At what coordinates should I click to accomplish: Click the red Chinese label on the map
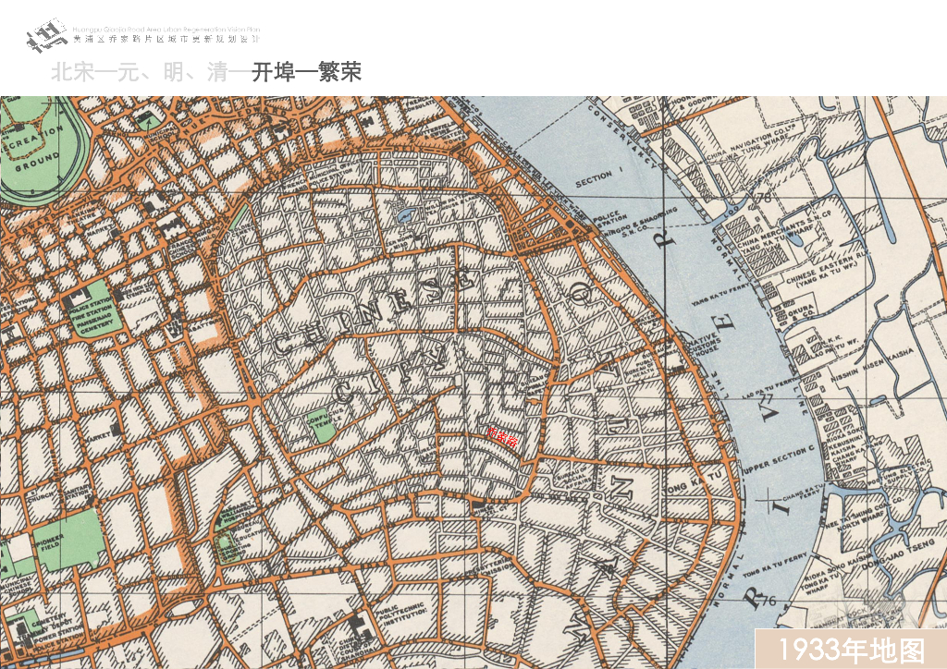502,437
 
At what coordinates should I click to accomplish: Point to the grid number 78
764,198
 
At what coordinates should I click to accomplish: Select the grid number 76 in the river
767,602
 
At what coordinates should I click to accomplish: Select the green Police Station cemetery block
90,314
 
